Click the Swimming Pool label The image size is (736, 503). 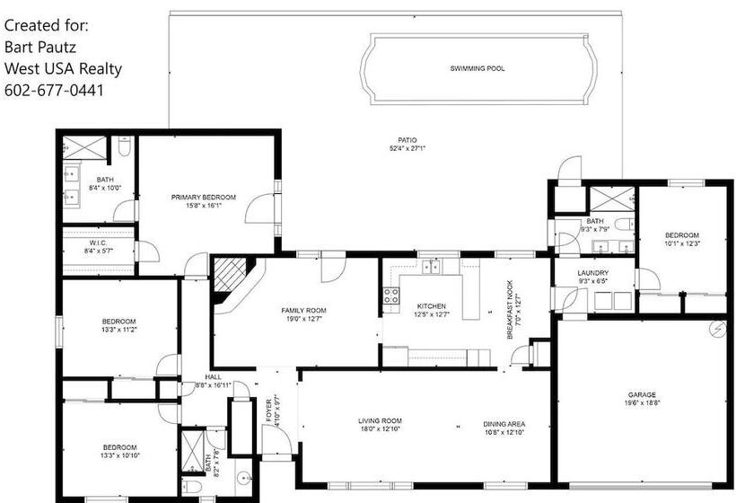[477, 68]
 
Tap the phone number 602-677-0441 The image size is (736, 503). [54, 91]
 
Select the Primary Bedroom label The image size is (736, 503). [204, 197]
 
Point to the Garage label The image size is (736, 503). [642, 395]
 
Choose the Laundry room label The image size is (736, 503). [593, 273]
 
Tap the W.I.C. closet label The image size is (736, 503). [98, 243]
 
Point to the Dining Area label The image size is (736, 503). [504, 424]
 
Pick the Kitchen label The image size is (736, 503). [430, 306]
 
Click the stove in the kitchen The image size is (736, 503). [391, 297]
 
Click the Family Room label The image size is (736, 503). [303, 311]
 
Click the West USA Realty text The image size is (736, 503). [63, 68]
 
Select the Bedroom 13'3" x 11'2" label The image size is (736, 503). [118, 322]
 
